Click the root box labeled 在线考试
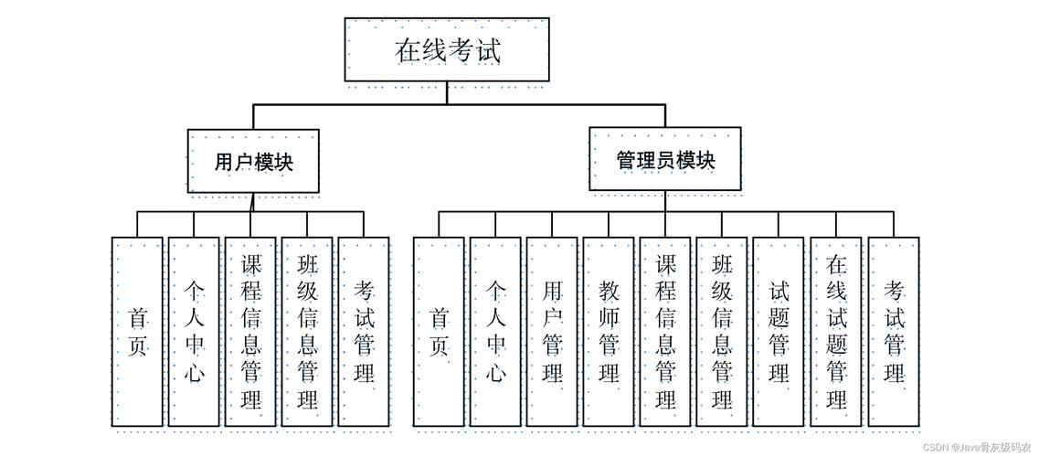click(447, 49)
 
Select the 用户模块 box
click(254, 162)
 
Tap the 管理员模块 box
click(664, 160)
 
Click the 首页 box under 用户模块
click(138, 332)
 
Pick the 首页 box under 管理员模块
click(439, 332)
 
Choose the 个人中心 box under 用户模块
click(194, 332)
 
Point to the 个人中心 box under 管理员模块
click(495, 332)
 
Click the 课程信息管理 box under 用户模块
click(250, 332)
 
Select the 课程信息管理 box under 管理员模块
click(665, 332)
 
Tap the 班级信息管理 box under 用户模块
click(307, 332)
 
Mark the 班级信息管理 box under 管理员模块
click(722, 332)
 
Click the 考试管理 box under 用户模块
click(364, 332)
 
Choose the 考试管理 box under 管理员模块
click(893, 332)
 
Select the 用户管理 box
click(552, 332)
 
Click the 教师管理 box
click(609, 332)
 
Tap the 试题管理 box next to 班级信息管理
click(779, 332)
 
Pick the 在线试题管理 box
click(835, 332)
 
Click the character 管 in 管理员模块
click(626, 161)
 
